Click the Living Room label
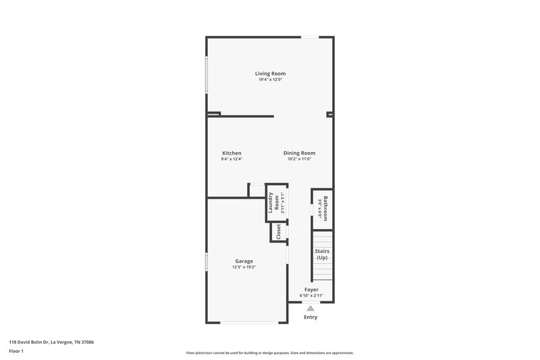(x=270, y=73)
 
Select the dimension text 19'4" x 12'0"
(x=270, y=80)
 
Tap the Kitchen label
(x=232, y=153)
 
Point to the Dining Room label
(x=299, y=153)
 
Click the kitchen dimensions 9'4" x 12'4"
(x=232, y=159)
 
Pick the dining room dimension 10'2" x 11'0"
(x=299, y=159)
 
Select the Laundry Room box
(x=276, y=203)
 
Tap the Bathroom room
(x=323, y=208)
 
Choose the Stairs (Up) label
(x=323, y=255)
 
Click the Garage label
(x=244, y=261)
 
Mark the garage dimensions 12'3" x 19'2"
(x=244, y=267)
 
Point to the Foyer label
(x=311, y=290)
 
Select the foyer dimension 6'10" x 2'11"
(x=311, y=296)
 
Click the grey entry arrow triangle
(x=310, y=308)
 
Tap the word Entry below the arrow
(x=310, y=317)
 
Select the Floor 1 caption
(x=17, y=351)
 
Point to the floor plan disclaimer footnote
(x=270, y=353)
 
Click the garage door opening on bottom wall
(x=247, y=322)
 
